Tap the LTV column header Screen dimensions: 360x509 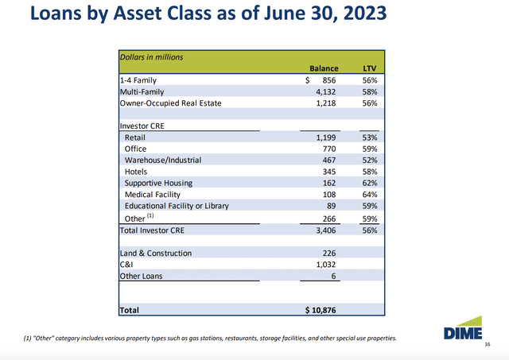(370, 69)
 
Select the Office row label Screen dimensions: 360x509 (136, 148)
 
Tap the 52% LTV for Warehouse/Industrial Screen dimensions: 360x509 (370, 160)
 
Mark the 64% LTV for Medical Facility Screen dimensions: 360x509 (370, 194)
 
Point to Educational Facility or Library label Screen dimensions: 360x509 (177, 205)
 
